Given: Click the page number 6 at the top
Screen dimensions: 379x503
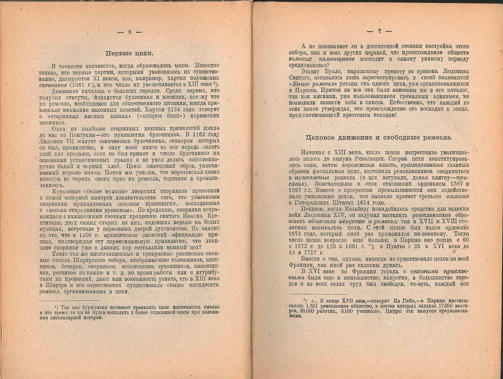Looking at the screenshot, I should tap(129, 32).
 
